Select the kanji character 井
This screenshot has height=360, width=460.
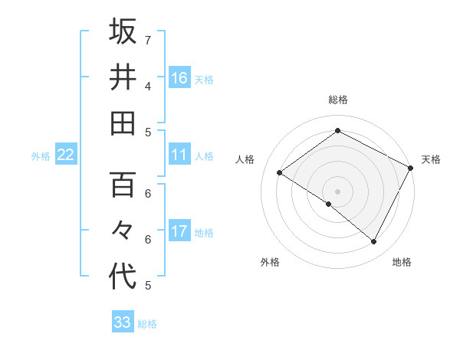(123, 77)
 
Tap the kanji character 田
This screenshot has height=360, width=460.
(123, 123)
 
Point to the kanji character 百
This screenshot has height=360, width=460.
(123, 185)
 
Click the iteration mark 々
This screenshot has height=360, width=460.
(123, 231)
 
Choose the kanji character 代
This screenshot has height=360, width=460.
(123, 277)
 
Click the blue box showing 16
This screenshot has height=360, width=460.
(179, 78)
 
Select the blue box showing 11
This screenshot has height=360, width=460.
(179, 155)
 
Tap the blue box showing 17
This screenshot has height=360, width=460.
(179, 231)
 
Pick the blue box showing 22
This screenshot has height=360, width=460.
(65, 155)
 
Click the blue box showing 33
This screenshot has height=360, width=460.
(123, 322)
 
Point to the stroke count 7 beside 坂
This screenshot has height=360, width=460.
(148, 39)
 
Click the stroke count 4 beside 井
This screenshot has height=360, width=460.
(148, 85)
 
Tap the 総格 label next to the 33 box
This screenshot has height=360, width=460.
(147, 324)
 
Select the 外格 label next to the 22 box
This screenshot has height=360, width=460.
(41, 156)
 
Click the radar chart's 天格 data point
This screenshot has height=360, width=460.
(411, 169)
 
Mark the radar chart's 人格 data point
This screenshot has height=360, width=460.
(280, 172)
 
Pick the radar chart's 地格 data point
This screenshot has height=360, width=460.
(374, 242)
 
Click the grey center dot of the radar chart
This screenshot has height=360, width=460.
(337, 191)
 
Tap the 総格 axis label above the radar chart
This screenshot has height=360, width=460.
(337, 100)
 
